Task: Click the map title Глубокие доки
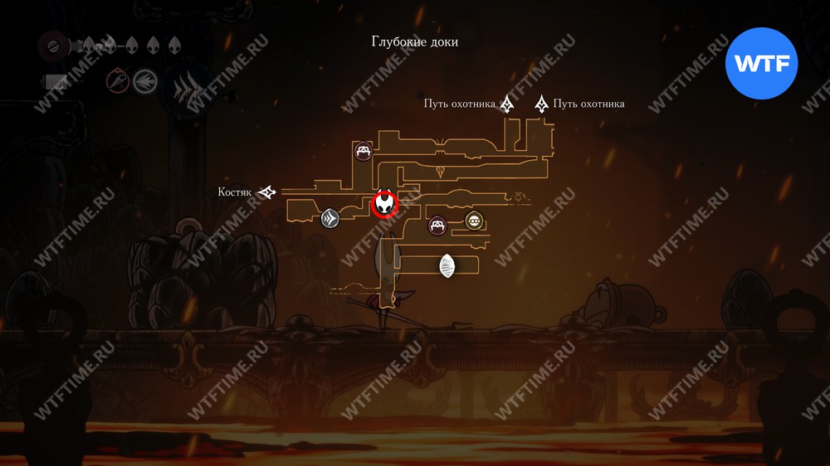click(x=414, y=41)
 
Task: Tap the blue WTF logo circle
click(x=761, y=64)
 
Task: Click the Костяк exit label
click(x=235, y=192)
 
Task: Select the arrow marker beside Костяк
click(x=267, y=192)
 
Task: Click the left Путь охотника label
click(x=460, y=104)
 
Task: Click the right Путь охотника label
click(x=588, y=104)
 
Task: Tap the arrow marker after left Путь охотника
click(x=507, y=104)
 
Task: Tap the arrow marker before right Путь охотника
click(x=541, y=104)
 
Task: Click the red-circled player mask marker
click(x=384, y=204)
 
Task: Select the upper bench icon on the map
click(x=364, y=151)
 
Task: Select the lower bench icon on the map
click(x=437, y=226)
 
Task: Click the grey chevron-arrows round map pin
click(x=330, y=218)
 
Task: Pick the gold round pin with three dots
click(x=473, y=221)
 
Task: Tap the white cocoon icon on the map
click(x=447, y=265)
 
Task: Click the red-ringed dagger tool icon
click(x=118, y=81)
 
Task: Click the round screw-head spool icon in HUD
click(x=52, y=46)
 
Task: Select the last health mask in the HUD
click(x=174, y=46)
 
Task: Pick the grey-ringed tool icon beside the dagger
click(x=144, y=81)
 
